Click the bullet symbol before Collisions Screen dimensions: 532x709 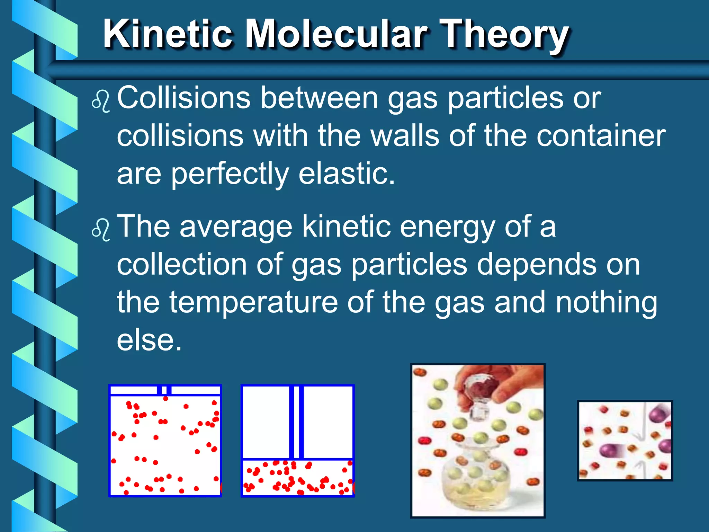click(101, 101)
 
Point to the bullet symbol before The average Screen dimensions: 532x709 click(101, 230)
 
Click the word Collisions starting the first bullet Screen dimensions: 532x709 click(183, 98)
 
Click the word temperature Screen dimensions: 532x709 click(253, 302)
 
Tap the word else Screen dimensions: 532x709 click(149, 340)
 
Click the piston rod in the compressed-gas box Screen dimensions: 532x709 click(296, 423)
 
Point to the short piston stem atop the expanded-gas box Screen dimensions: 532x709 click(164, 390)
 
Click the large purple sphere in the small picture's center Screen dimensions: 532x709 click(610, 451)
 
